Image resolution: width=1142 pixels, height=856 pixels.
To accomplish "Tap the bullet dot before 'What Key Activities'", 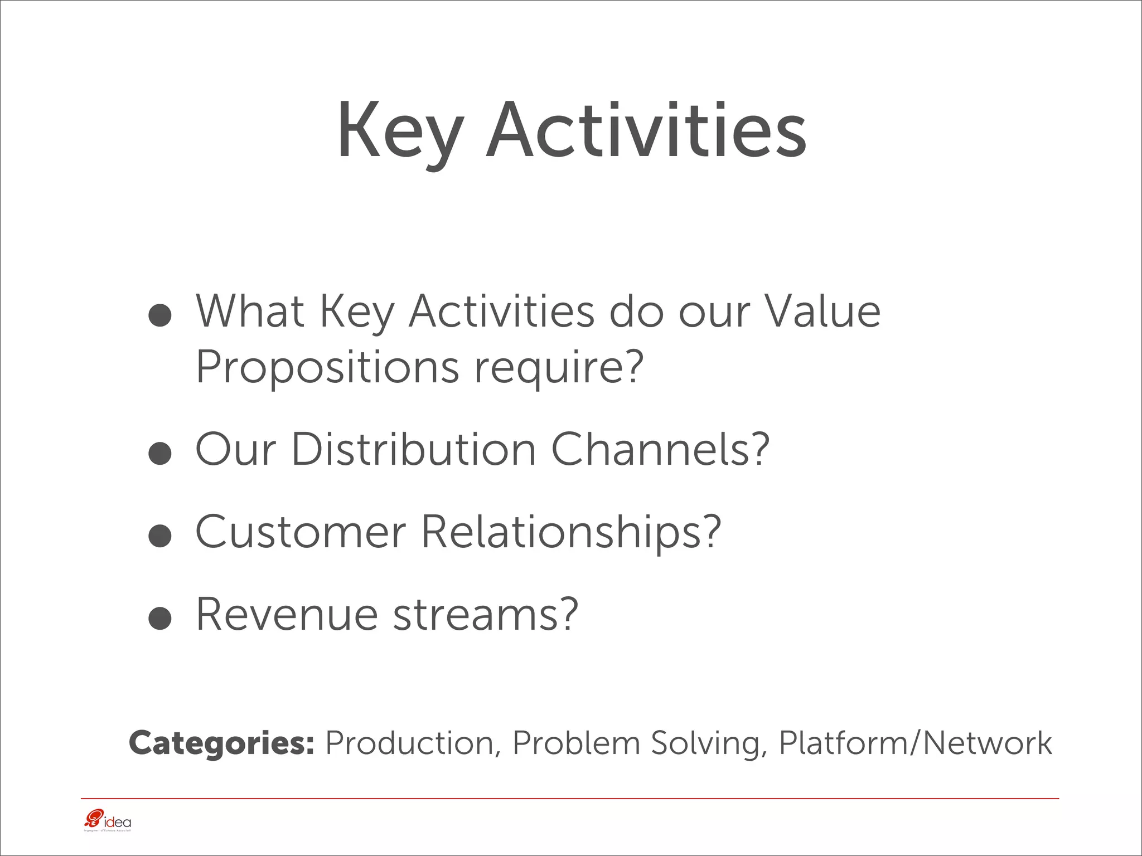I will tap(160, 315).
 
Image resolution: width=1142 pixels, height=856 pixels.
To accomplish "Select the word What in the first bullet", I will tap(249, 311).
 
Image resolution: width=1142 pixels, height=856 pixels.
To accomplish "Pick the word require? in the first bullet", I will tap(559, 368).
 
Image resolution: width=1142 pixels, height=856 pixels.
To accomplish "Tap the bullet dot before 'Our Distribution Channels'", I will tap(160, 454).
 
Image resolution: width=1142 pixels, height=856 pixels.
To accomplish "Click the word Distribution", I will tap(413, 449).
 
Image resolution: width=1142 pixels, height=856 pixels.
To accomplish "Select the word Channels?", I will tap(660, 449).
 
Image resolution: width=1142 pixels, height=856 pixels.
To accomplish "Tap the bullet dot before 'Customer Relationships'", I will tap(160, 536).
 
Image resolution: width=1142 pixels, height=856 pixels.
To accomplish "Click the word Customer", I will tap(301, 532).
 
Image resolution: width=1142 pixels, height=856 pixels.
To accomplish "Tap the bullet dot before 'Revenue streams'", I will tap(160, 619).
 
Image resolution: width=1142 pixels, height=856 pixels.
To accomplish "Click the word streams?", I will tap(485, 614).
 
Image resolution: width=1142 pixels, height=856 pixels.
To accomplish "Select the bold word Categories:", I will tap(221, 743).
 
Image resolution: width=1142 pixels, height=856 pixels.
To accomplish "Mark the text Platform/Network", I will tap(914, 743).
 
